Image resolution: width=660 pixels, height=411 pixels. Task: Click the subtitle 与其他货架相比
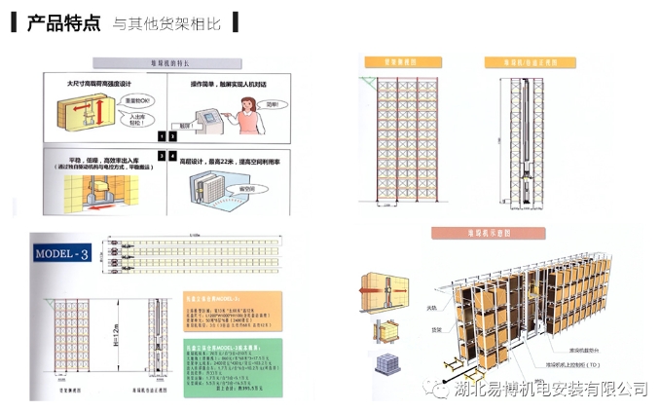coord(166,24)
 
